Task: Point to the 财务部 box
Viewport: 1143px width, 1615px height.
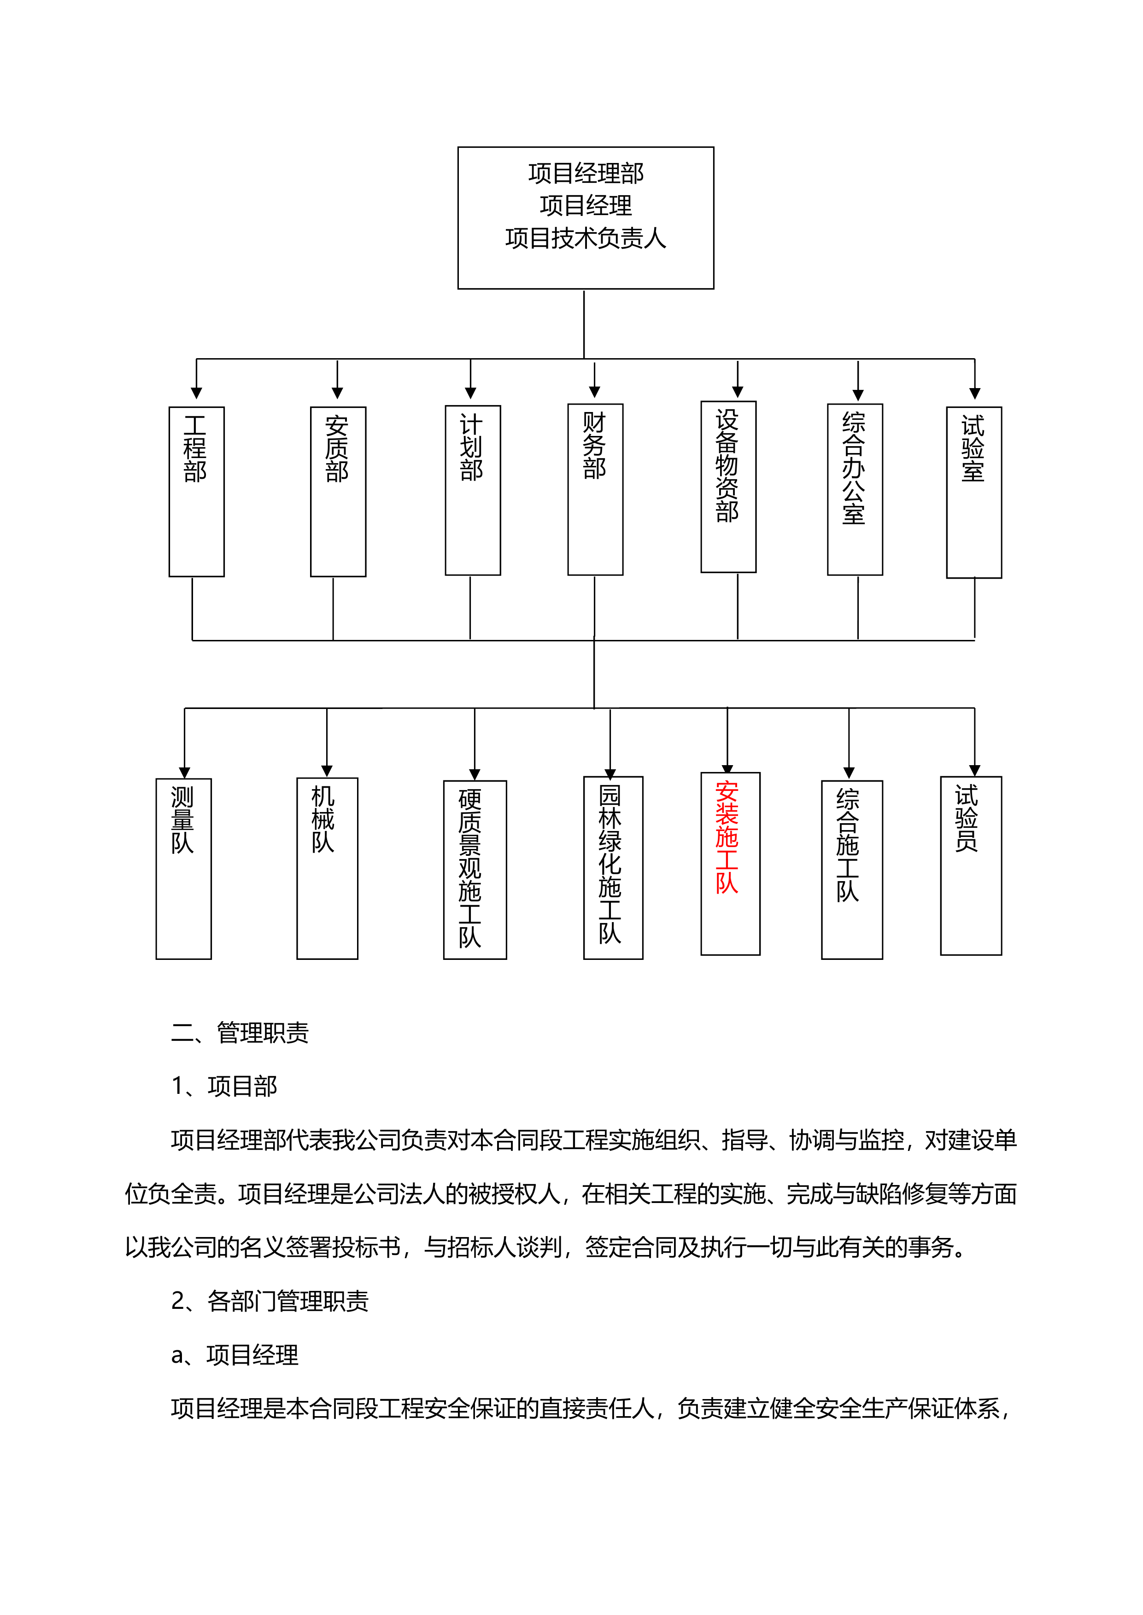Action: [595, 489]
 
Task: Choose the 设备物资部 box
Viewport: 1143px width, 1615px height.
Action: [728, 487]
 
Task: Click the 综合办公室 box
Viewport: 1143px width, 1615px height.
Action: [855, 489]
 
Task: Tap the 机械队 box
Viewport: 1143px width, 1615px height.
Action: [327, 868]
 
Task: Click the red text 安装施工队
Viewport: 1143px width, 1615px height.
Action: [727, 837]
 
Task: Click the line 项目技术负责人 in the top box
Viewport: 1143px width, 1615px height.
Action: [586, 238]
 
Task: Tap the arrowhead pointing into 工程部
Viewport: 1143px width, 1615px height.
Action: [196, 393]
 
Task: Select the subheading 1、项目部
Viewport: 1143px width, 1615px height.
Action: [224, 1086]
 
